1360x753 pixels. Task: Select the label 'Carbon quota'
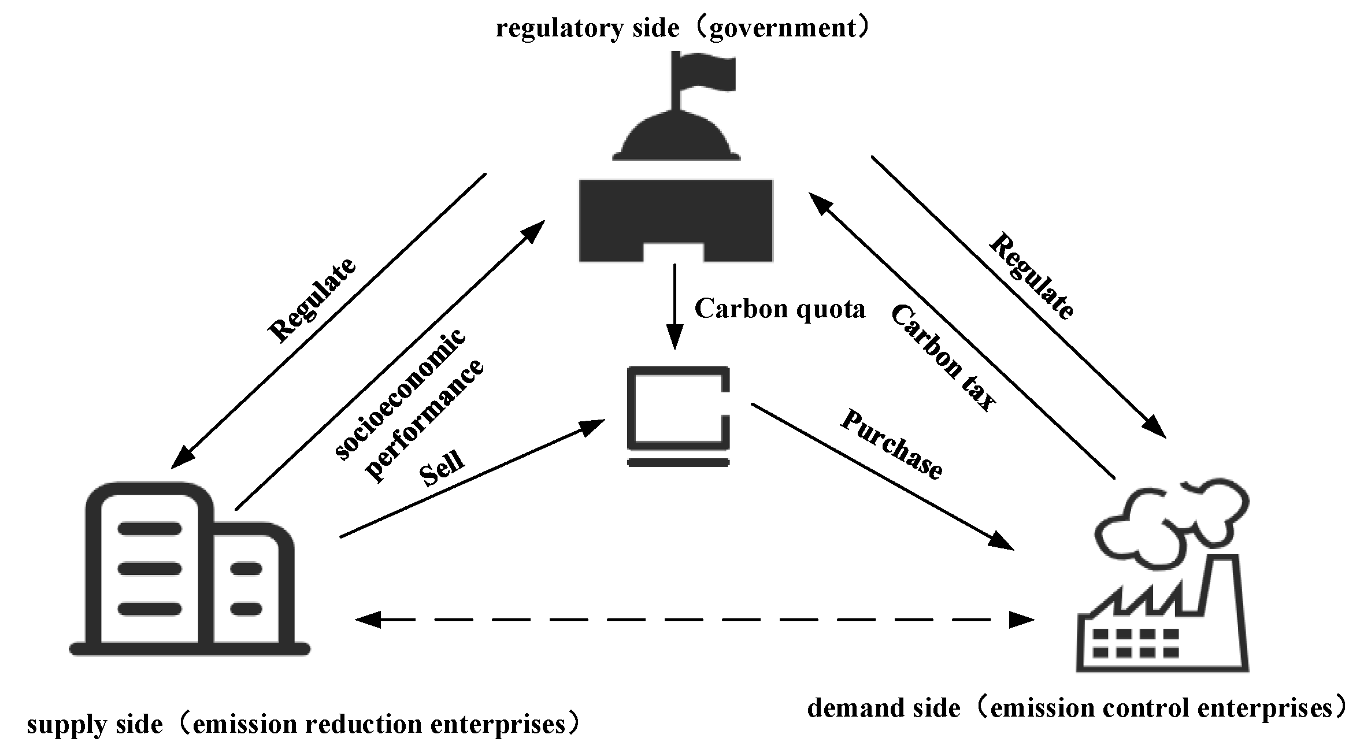coord(780,309)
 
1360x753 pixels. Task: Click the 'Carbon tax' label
coord(942,358)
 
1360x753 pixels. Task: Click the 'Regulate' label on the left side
coord(313,300)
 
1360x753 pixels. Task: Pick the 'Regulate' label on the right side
coord(1032,276)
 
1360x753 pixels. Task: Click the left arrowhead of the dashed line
coord(368,620)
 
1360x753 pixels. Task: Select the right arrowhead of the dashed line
coord(1021,620)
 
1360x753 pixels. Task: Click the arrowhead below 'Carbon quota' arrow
coord(675,338)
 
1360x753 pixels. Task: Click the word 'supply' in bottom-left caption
coord(61,725)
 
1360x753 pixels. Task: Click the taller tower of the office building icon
coord(150,566)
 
